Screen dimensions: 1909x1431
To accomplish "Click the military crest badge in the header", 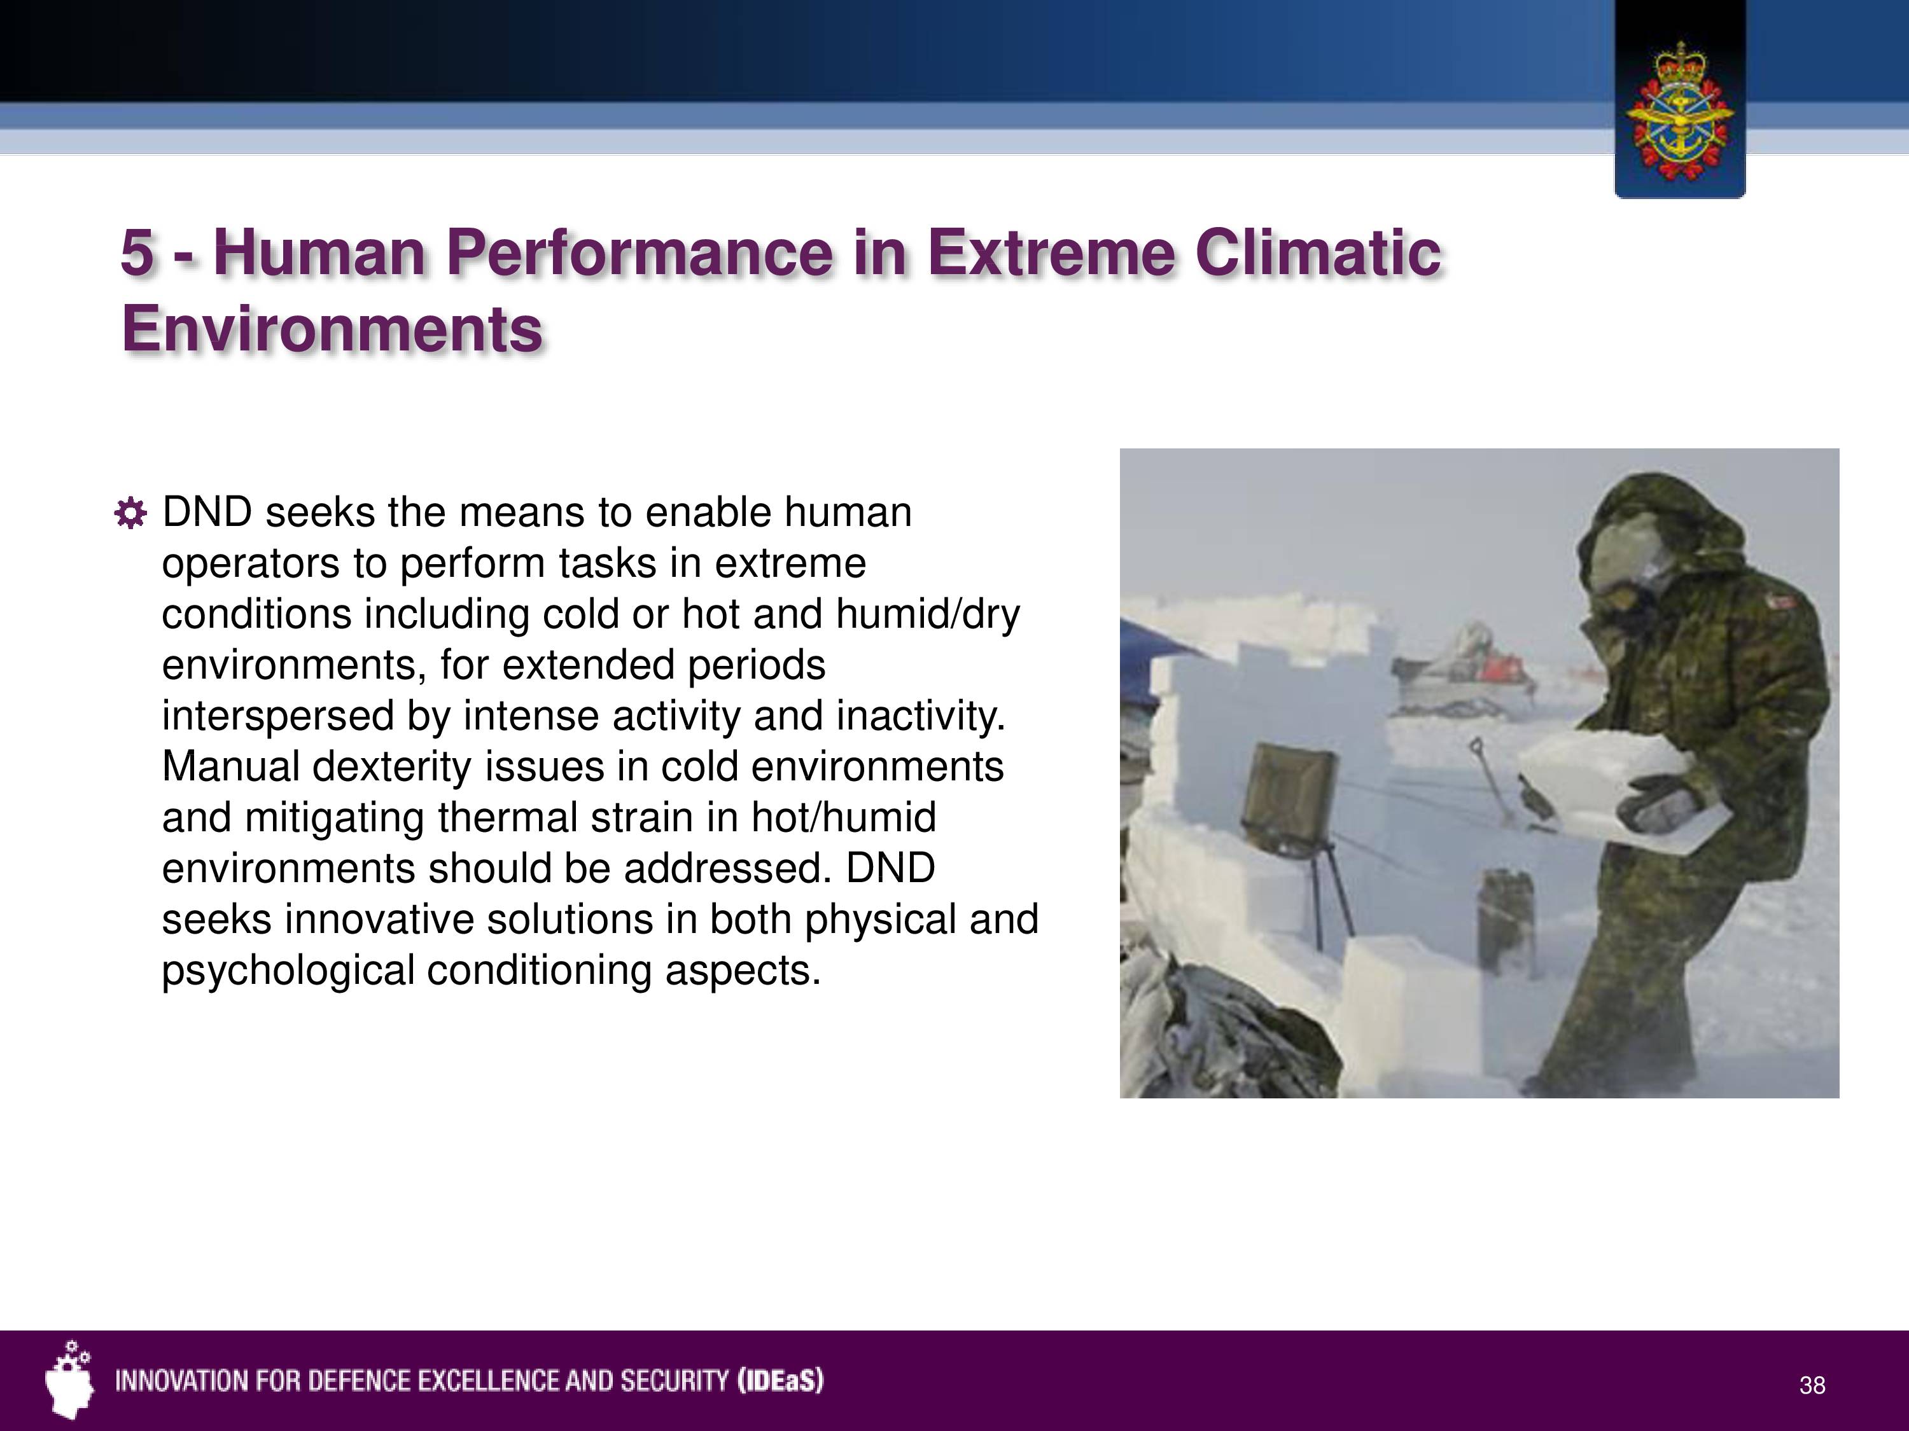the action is coord(1679,111).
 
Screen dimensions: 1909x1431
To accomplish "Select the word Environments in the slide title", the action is coord(332,329).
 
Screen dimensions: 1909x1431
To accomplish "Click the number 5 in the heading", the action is coord(137,254).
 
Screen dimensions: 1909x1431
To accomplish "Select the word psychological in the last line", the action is coord(289,971).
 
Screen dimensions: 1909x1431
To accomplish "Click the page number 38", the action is coord(1812,1385).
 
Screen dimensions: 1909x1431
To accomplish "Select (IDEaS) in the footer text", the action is coord(780,1381).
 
